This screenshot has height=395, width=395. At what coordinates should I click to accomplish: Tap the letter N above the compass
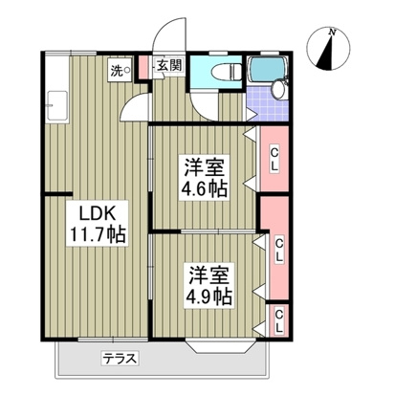tap(332, 32)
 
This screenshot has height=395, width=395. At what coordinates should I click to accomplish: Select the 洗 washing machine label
tap(115, 70)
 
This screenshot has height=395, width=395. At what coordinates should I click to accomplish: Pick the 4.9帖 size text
tap(208, 296)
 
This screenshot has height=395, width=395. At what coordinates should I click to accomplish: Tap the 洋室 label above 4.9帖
tap(208, 274)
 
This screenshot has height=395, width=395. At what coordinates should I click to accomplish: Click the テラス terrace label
tap(122, 359)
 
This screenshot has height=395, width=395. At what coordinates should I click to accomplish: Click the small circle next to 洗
tap(127, 70)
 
